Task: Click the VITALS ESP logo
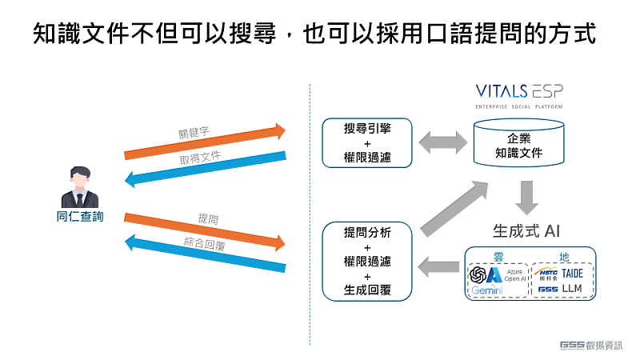[518, 94]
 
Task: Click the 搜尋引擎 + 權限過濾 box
[367, 142]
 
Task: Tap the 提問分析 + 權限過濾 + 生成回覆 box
[367, 261]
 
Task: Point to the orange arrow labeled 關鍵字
[205, 141]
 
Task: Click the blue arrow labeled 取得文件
[205, 168]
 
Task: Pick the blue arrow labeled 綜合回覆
[205, 254]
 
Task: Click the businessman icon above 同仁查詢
[80, 188]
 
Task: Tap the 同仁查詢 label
[80, 218]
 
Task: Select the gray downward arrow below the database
[526, 197]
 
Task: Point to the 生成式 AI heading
[525, 232]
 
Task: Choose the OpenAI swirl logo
[478, 275]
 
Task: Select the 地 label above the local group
[565, 257]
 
